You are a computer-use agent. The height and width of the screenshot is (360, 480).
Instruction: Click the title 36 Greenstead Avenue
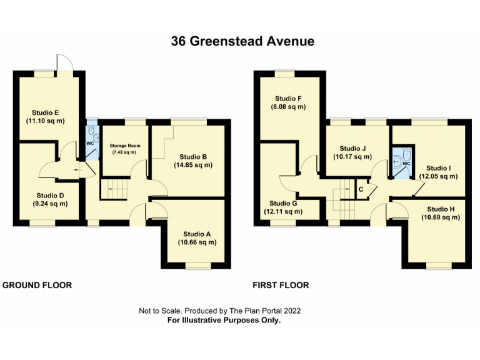click(242, 42)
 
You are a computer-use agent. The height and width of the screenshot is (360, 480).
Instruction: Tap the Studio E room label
click(47, 112)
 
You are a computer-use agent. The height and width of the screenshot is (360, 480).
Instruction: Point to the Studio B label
click(193, 156)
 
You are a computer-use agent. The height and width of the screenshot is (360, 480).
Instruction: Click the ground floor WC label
click(89, 142)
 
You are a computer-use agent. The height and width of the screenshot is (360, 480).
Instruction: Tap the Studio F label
click(288, 98)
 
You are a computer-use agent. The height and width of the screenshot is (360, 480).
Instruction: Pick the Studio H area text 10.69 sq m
click(439, 217)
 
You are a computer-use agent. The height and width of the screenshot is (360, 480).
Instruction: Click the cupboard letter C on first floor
click(361, 188)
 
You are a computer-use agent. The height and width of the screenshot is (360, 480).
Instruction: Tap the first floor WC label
click(406, 164)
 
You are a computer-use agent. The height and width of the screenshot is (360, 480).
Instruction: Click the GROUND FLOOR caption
click(37, 285)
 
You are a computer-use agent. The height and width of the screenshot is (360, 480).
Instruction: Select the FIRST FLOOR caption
click(281, 285)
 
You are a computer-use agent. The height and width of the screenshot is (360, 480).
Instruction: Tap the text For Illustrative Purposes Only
click(224, 320)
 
